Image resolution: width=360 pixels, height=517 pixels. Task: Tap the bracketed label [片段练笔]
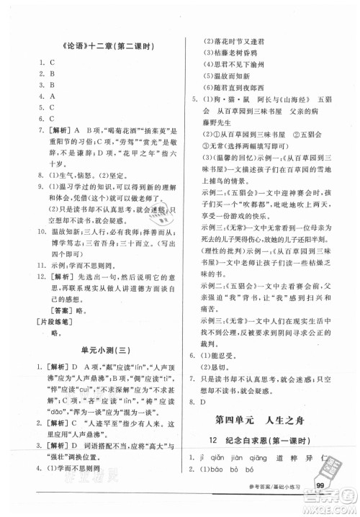pyautogui.click(x=53, y=311)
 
